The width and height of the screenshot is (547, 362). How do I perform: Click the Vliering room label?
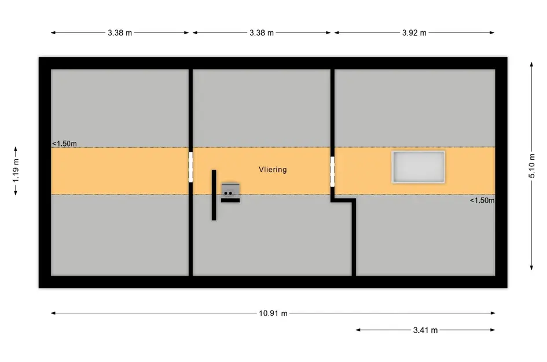[273, 170]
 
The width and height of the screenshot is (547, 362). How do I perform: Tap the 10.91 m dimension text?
[273, 313]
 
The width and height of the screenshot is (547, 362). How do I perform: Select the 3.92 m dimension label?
[414, 33]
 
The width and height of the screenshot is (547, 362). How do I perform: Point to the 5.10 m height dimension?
[531, 166]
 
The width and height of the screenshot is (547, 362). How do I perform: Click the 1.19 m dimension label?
[16, 170]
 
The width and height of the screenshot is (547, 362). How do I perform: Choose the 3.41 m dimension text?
[425, 330]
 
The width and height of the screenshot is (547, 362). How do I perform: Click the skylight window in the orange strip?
[418, 167]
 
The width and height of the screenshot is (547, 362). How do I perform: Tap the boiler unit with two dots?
[230, 190]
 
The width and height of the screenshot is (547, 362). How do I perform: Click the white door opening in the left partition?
[191, 167]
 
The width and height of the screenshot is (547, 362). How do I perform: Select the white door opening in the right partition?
[332, 171]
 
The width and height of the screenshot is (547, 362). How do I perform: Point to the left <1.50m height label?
[64, 144]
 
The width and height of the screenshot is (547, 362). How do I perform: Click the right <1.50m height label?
[482, 200]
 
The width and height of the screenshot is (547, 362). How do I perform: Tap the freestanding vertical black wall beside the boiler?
[214, 195]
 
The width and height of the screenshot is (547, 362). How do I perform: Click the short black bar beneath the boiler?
[230, 200]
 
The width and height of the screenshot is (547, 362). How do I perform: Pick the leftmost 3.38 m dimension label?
[120, 33]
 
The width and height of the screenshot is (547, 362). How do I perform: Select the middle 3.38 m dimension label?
[262, 33]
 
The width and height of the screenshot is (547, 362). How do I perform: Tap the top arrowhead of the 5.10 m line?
[531, 64]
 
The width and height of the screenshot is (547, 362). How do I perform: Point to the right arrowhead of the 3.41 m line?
[493, 330]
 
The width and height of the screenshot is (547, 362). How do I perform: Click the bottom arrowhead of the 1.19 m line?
[16, 193]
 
